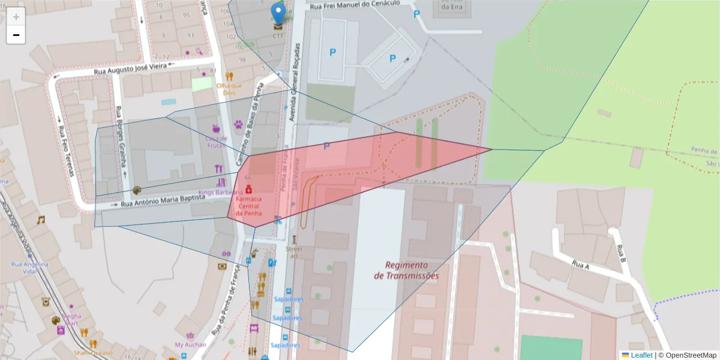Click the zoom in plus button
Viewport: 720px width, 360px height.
click(x=16, y=17)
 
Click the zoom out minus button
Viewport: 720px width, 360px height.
click(x=16, y=35)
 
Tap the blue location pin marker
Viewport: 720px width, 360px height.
click(x=278, y=13)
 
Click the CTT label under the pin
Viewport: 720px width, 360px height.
click(x=278, y=35)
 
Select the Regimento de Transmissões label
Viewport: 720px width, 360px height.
click(x=406, y=270)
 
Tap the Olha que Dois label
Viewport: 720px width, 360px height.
click(x=229, y=89)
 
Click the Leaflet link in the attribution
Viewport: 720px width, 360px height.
click(x=641, y=355)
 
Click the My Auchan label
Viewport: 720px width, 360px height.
click(x=190, y=344)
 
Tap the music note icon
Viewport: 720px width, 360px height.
click(x=41, y=220)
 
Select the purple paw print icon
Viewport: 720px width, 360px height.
click(x=239, y=125)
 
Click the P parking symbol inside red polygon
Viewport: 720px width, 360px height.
click(x=326, y=146)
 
